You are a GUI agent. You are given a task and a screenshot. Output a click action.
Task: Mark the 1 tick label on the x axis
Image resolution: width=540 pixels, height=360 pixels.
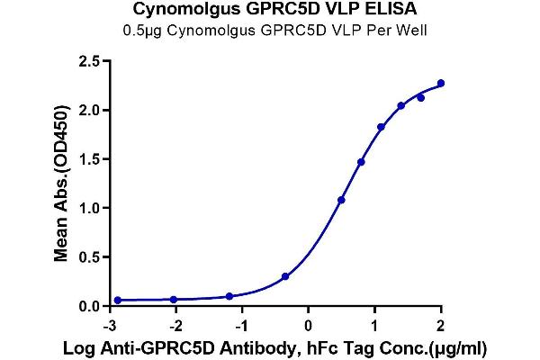375,324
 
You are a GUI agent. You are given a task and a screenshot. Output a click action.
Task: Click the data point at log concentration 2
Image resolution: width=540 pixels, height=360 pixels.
441,84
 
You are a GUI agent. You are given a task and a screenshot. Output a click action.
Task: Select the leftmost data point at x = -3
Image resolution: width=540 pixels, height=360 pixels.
118,300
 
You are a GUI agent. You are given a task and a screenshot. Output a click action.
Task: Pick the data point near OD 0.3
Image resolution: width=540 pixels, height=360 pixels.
285,276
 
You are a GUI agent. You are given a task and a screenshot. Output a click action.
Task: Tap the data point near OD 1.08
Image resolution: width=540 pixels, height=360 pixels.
341,200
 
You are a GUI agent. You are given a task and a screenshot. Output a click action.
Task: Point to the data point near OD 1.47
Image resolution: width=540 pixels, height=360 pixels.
361,162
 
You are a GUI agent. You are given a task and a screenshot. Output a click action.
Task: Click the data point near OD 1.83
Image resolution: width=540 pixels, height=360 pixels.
381,127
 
